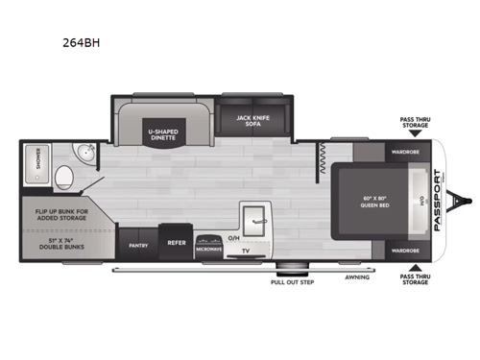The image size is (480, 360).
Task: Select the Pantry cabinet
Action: coord(136,244)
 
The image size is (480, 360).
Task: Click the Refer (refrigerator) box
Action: coord(177,244)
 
